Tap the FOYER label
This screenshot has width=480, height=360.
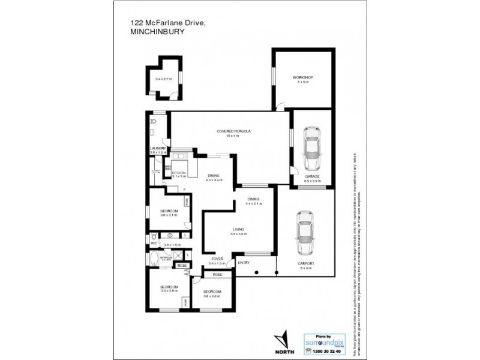click(x=217, y=259)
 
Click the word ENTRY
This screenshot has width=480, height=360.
click(x=244, y=263)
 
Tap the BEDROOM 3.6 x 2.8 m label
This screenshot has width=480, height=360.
click(x=212, y=292)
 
